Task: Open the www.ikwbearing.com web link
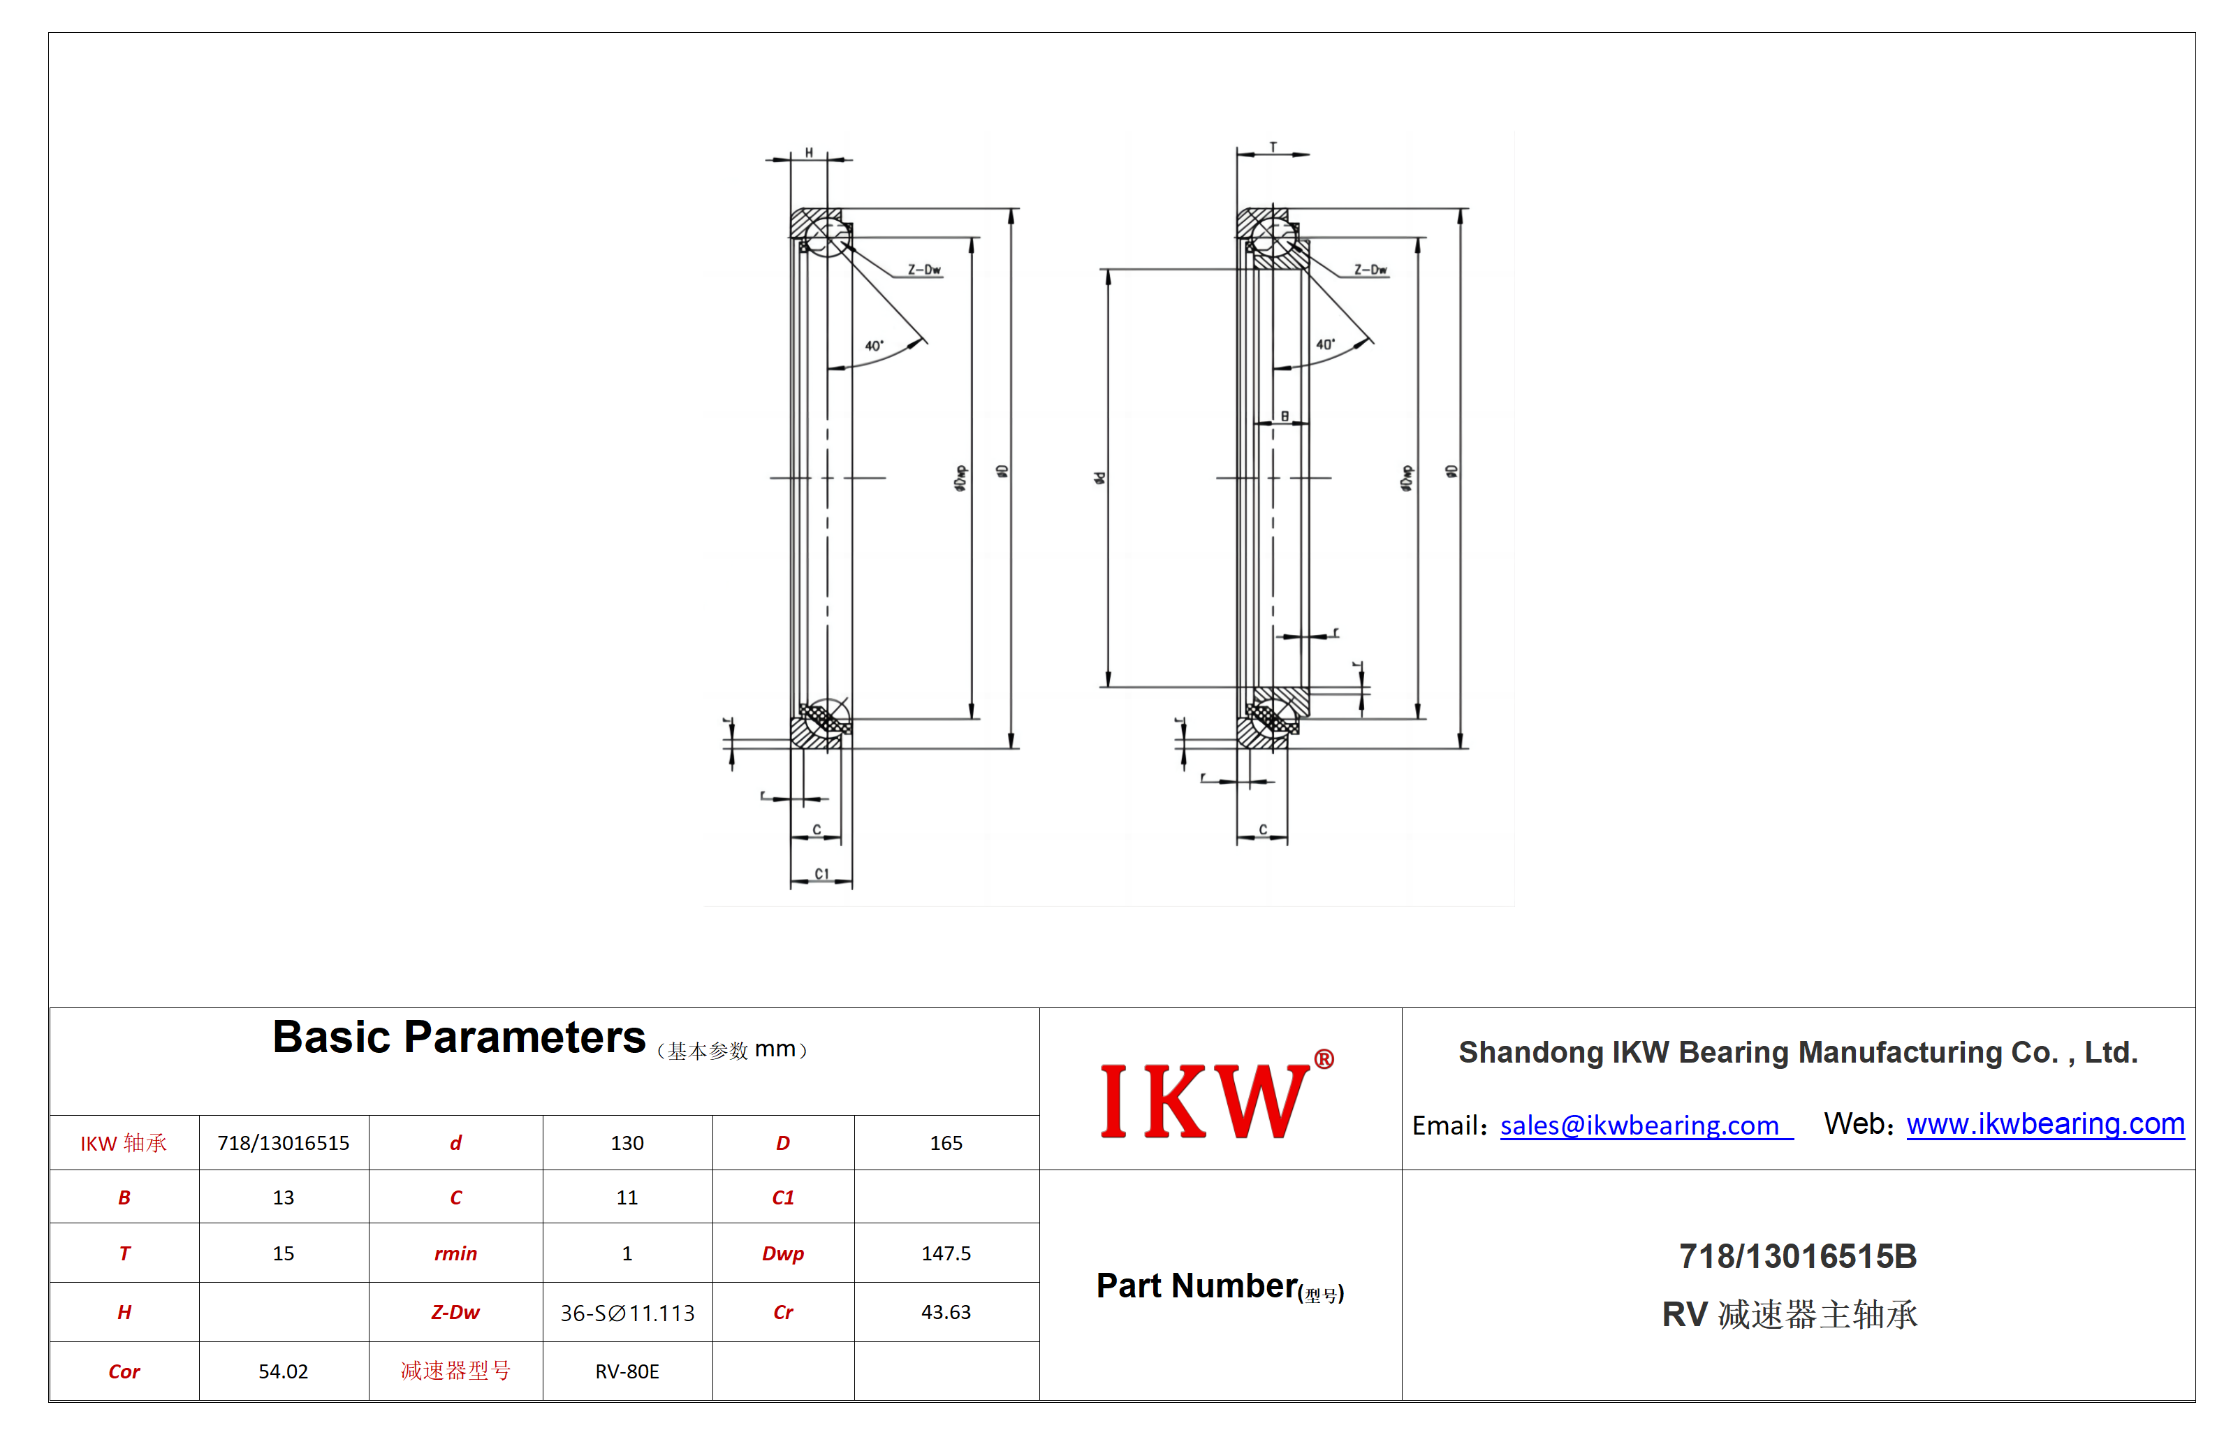2044,1124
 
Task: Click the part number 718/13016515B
1797,1256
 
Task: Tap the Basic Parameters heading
458,1037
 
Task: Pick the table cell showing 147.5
946,1253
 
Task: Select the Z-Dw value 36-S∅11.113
627,1313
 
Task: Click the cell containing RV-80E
627,1371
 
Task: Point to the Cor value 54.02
283,1371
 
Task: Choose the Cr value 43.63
946,1312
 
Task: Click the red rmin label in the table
455,1253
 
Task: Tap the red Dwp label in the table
782,1253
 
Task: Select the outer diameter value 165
946,1142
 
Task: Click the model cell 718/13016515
283,1142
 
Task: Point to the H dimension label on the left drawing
809,152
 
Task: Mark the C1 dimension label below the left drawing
821,874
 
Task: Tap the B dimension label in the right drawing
1285,416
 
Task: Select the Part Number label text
1220,1287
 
